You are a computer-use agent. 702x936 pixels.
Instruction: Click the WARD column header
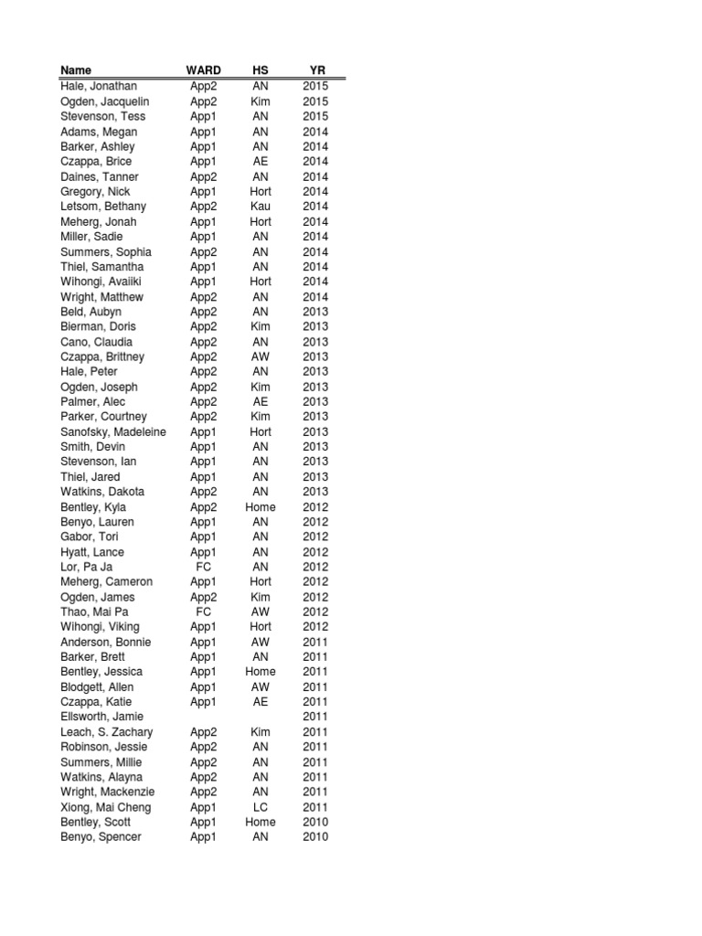pyautogui.click(x=203, y=70)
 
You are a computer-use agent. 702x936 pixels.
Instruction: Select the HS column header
pyautogui.click(x=261, y=70)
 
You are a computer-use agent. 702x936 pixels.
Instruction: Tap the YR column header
pyautogui.click(x=315, y=70)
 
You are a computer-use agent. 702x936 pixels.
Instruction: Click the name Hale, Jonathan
pyautogui.click(x=99, y=86)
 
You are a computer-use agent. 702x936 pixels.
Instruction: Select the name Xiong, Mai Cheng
pyautogui.click(x=106, y=807)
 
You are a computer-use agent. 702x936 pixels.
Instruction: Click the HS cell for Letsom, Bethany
pyautogui.click(x=261, y=207)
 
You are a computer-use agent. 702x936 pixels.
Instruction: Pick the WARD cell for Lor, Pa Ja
pyautogui.click(x=203, y=567)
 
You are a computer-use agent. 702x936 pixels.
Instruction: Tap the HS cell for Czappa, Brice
pyautogui.click(x=261, y=161)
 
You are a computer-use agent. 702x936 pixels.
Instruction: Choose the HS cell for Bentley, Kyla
pyautogui.click(x=261, y=507)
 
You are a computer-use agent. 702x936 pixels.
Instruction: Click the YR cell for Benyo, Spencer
pyautogui.click(x=315, y=837)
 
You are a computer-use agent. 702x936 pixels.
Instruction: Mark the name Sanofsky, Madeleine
pyautogui.click(x=113, y=431)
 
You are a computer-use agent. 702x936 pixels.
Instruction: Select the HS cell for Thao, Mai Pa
pyautogui.click(x=261, y=612)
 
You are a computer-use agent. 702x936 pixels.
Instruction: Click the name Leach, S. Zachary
pyautogui.click(x=107, y=732)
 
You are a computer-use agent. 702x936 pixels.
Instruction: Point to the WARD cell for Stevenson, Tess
pyautogui.click(x=203, y=116)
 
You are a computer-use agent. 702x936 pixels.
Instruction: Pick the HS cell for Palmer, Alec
pyautogui.click(x=261, y=401)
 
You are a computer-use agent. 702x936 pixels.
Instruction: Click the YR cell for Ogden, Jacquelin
pyautogui.click(x=315, y=101)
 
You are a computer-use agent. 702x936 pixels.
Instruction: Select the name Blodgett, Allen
pyautogui.click(x=97, y=686)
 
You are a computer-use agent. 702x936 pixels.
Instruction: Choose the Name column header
pyautogui.click(x=76, y=70)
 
